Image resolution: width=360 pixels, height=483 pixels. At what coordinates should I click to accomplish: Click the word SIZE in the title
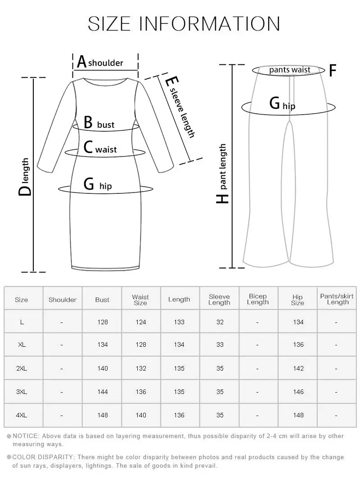point(110,23)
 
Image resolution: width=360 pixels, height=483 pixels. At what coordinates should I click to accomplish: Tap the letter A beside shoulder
point(81,62)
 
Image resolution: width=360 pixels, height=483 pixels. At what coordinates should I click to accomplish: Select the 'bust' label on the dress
point(106,125)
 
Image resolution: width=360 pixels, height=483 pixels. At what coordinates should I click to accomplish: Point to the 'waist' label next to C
point(106,149)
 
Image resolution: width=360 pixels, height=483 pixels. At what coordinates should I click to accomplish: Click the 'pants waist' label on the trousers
point(290,70)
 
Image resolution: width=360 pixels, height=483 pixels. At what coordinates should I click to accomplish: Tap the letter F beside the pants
point(333,71)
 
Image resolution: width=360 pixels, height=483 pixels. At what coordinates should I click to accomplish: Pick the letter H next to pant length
point(223,198)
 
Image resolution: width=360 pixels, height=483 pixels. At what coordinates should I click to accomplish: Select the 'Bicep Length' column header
point(258,299)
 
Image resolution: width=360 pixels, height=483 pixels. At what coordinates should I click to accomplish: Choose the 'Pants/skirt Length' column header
point(337,299)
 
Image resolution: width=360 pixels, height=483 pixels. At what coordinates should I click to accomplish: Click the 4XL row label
point(22,415)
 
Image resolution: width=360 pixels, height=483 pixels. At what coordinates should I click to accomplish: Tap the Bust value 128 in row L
point(103,322)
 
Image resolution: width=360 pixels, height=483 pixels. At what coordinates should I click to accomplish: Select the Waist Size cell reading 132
point(141,368)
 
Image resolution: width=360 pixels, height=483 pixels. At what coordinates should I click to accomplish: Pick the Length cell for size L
point(179,322)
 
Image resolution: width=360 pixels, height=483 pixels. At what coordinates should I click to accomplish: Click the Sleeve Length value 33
point(220,344)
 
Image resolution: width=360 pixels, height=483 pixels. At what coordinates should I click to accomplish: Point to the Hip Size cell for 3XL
point(298,392)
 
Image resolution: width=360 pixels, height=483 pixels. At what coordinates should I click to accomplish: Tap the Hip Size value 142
point(298,368)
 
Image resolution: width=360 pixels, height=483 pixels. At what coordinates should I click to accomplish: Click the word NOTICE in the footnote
point(26,436)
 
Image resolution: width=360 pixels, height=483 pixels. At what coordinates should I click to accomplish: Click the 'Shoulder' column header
point(63,300)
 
